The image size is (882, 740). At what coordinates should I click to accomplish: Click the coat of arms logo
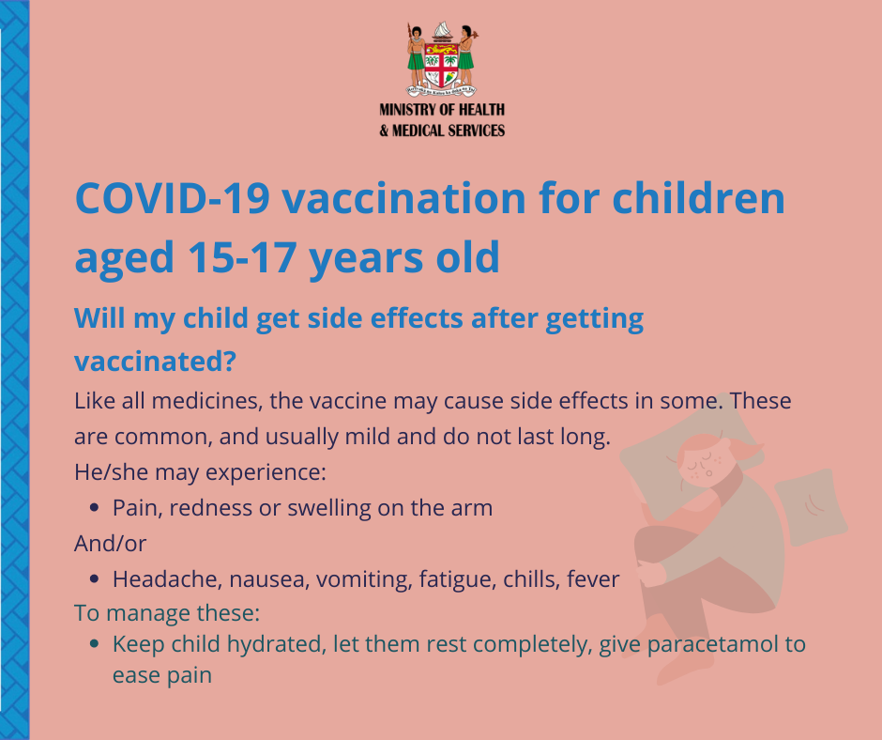click(442, 59)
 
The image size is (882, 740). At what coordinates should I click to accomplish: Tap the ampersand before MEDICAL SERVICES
click(384, 131)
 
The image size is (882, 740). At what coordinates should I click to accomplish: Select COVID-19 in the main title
click(173, 198)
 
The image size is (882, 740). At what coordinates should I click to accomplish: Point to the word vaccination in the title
click(403, 198)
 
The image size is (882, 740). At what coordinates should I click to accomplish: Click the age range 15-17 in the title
click(242, 257)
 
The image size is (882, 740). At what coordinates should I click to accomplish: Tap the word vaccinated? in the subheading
click(155, 361)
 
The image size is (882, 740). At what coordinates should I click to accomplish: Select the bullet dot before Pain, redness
click(94, 508)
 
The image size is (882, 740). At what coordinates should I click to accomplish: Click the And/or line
click(111, 544)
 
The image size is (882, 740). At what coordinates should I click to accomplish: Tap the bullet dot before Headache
click(94, 578)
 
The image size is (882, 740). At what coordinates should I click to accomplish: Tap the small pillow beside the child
click(811, 507)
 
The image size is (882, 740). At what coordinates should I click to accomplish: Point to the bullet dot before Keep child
click(94, 643)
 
